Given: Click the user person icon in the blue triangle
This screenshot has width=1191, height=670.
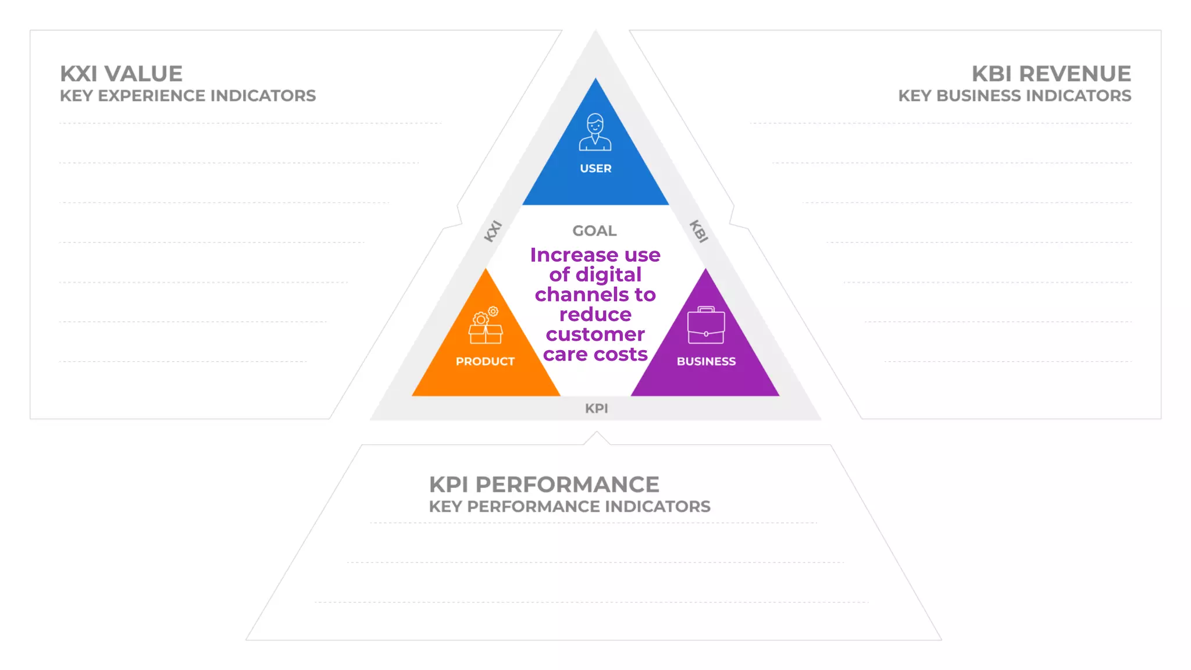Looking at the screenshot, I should coord(595,132).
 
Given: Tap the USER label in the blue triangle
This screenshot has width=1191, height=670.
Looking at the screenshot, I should coord(595,169).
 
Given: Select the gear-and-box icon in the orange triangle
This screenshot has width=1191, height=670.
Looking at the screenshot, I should coord(486,326).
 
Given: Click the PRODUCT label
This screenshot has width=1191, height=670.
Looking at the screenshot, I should coord(485,361).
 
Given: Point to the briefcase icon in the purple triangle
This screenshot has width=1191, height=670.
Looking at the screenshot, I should coord(706,326).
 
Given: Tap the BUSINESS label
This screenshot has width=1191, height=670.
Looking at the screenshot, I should coord(706,361).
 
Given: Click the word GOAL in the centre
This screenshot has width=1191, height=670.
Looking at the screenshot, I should coord(594,231).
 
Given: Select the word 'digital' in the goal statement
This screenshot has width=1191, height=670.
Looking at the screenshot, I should coord(608,275).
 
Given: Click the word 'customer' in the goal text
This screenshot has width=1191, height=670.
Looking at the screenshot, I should coord(595,334).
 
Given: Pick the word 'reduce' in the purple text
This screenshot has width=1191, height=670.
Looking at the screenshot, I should coord(595,315).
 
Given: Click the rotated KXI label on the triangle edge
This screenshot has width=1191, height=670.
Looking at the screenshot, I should coord(493,231).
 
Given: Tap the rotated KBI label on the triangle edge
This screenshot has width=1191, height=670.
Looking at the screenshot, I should coord(698,231).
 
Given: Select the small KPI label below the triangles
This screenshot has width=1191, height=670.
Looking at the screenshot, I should coord(596,408).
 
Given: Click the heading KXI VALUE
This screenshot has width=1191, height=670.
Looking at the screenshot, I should coord(121,74).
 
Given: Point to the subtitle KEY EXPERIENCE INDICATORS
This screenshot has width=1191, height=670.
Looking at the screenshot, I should coord(188,96).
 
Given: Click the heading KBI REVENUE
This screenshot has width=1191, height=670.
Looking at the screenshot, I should coord(1051,74).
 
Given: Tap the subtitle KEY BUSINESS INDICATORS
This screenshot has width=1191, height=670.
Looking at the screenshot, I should coord(1014,96).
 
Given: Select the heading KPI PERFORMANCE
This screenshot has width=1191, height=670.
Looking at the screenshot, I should coord(544,484).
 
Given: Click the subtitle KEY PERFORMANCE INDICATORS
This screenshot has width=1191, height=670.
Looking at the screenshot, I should coord(569,507).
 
